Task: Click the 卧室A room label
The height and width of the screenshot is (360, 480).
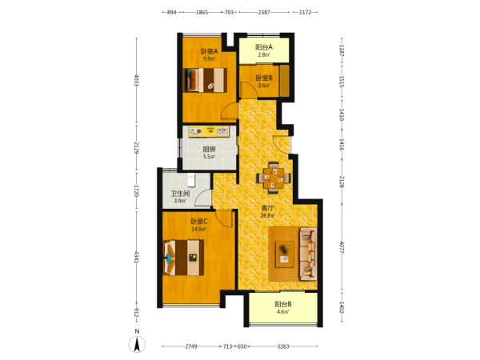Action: pos(209,51)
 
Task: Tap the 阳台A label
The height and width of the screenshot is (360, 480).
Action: pos(264,47)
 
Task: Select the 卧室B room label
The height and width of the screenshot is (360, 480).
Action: pos(264,78)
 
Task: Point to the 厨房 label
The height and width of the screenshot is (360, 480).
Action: pos(209,149)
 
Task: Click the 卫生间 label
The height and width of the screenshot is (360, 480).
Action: pos(180,194)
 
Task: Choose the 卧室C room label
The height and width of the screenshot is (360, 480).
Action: pos(199,221)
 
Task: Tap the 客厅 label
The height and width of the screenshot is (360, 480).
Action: pos(267,208)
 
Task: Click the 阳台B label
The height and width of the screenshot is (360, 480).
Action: pos(283,304)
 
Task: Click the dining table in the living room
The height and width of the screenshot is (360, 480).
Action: pos(274,178)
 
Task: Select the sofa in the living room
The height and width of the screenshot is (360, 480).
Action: pos(308,254)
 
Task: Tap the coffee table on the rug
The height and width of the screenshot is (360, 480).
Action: pos(285,254)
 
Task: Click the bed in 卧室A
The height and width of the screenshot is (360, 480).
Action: pos(205,80)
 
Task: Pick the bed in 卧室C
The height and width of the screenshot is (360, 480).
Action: pos(183,258)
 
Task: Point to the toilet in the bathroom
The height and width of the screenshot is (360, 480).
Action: pos(191,180)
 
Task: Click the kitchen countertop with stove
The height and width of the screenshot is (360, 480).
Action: pos(209,131)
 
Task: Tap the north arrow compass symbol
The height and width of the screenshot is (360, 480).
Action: pos(137,344)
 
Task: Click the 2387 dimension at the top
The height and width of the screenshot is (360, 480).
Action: pos(264,12)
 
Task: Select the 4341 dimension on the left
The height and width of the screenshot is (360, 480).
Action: pos(137,257)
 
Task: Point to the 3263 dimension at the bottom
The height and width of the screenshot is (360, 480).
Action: pos(283,346)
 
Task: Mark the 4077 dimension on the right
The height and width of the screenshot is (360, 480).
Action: pos(342,247)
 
